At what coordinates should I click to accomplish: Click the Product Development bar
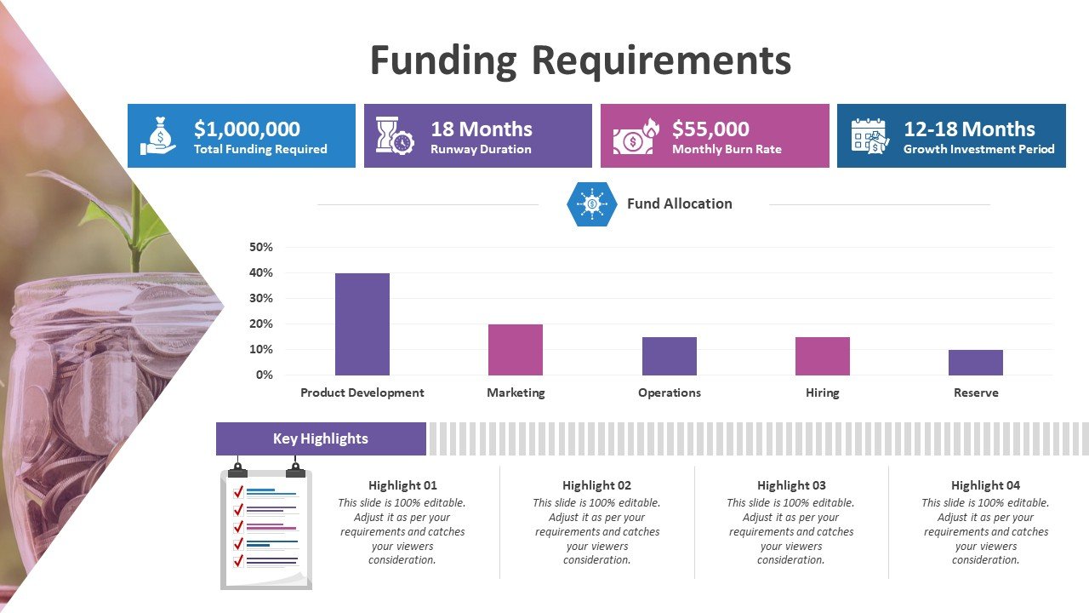coord(362,324)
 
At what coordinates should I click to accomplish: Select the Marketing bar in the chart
coord(516,350)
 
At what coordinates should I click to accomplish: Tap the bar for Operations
coord(670,356)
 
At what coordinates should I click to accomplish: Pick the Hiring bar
coord(823,356)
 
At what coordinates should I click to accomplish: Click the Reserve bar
coord(976,363)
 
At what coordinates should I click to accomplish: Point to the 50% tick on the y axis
coord(261,247)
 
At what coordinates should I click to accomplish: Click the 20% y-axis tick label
coord(261,324)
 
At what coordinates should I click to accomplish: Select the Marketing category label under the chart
coord(516,392)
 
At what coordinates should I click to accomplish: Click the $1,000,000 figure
coord(247,129)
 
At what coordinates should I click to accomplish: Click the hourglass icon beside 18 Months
coord(395,135)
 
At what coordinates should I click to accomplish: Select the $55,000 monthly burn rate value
coord(710,129)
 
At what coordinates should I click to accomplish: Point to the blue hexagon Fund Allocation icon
coord(591,203)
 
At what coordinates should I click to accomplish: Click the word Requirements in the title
coord(662,60)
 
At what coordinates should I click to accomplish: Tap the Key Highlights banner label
coord(321,438)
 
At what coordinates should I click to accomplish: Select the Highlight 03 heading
coord(791,485)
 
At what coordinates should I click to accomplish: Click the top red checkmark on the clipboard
coord(238,492)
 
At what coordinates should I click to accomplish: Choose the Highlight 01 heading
coord(402,485)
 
